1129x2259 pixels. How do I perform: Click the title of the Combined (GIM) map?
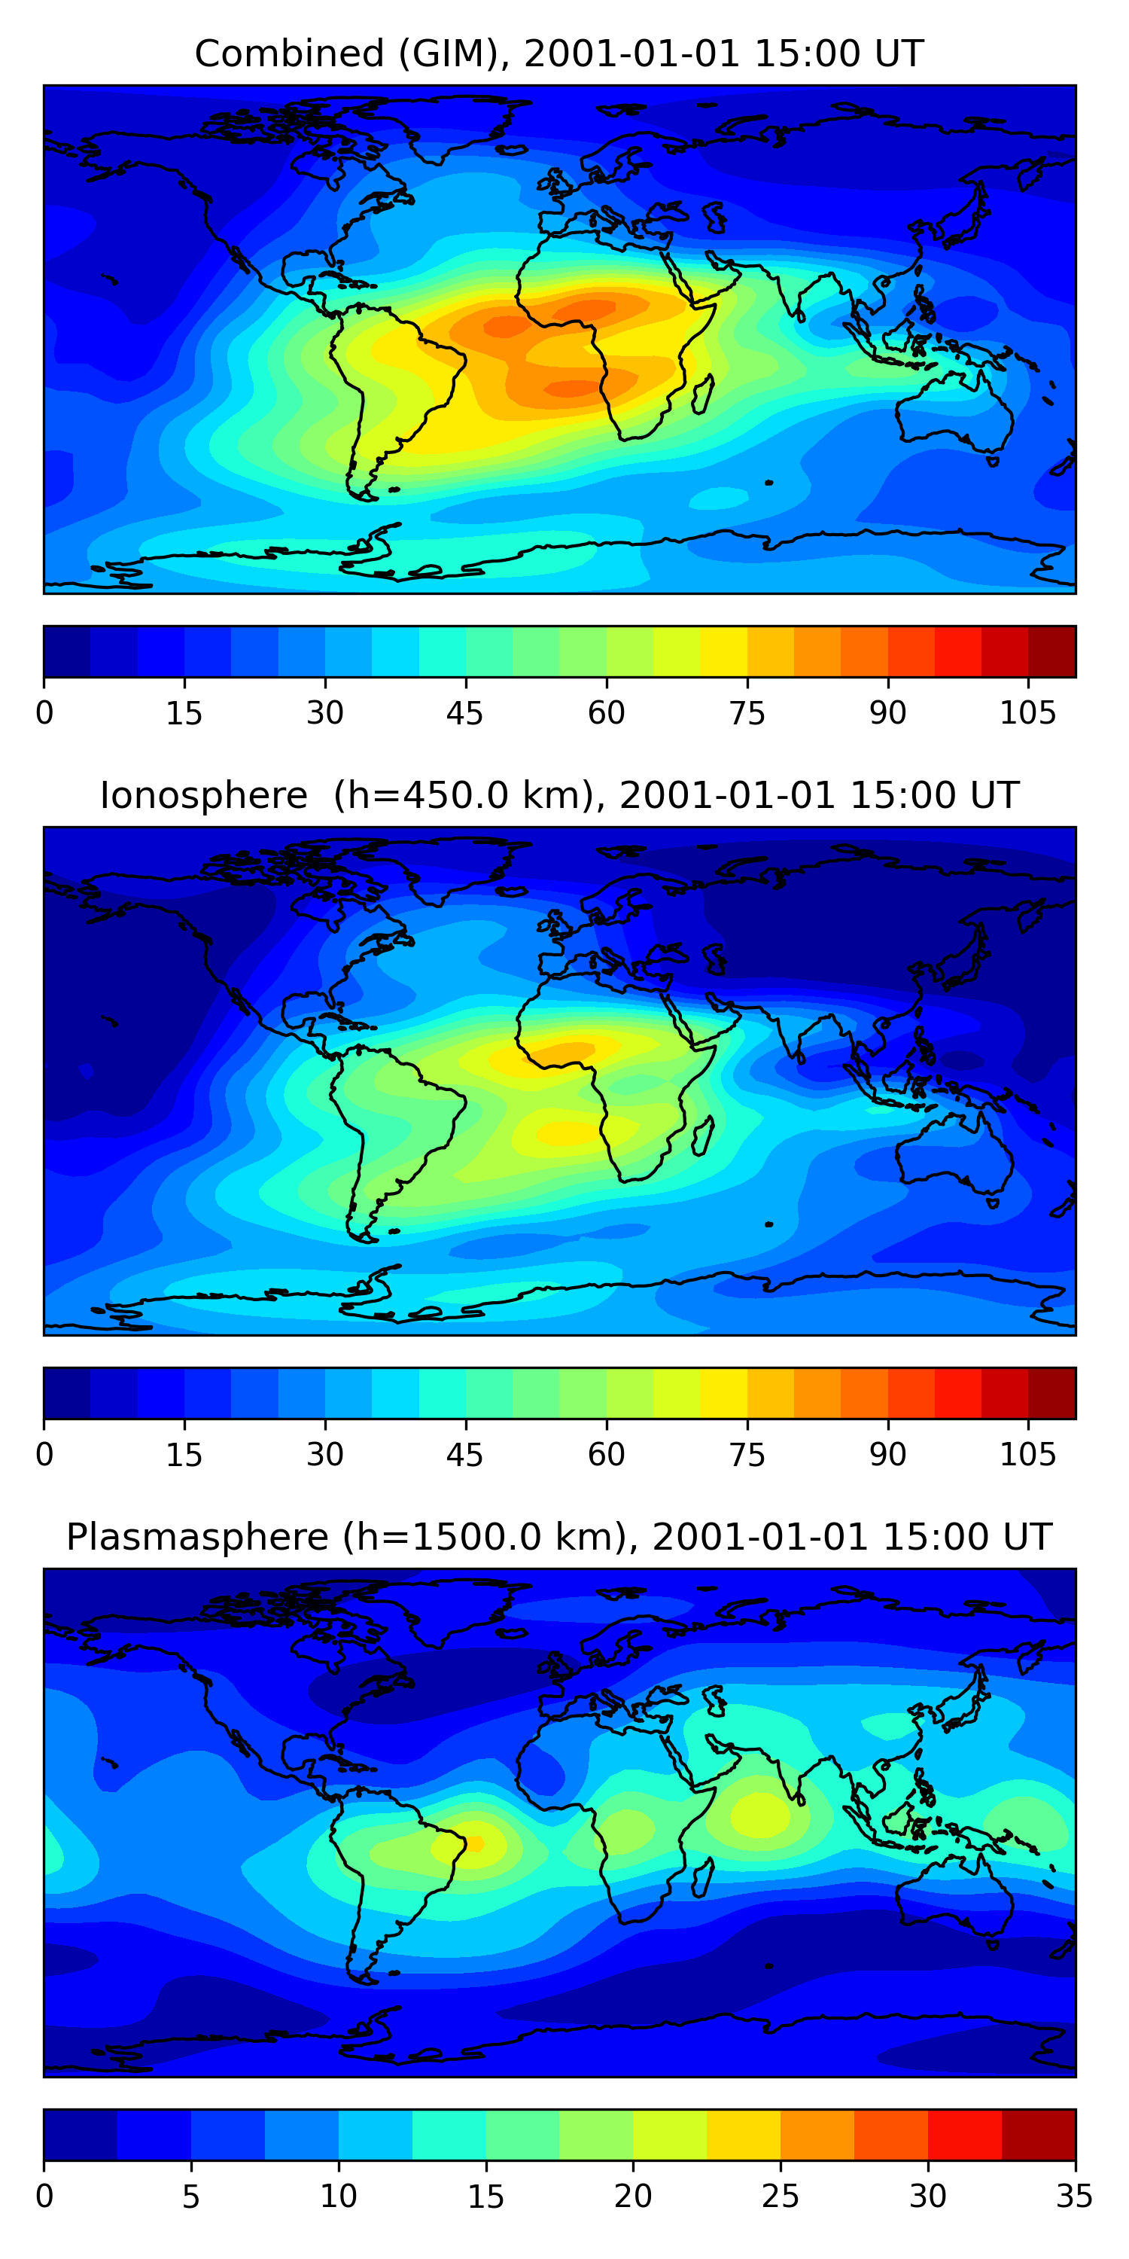(x=559, y=53)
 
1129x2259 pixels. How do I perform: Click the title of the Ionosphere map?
(x=559, y=795)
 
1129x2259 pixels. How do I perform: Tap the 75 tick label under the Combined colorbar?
(x=747, y=714)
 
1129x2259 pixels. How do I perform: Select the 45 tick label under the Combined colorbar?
(x=464, y=714)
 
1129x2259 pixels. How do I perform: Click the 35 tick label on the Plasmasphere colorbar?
(x=1074, y=2197)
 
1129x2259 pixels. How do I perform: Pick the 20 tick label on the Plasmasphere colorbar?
(x=633, y=2197)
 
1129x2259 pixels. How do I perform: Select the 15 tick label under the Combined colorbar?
(x=184, y=714)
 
